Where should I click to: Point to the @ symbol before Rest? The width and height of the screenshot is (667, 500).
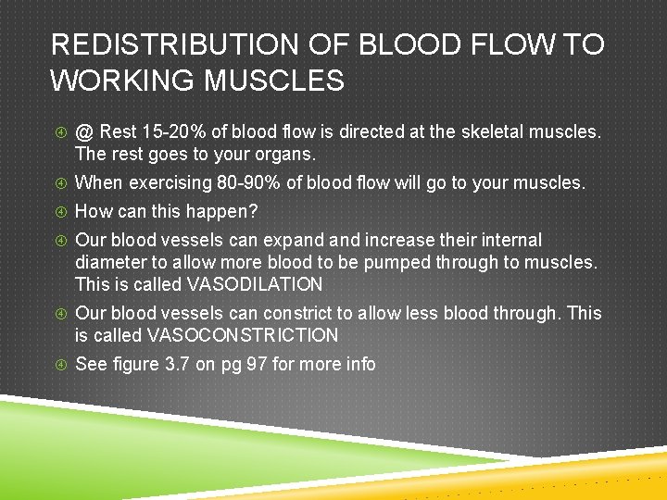84,131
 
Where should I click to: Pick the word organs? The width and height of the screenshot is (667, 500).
288,154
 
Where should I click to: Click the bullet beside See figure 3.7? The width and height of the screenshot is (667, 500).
60,365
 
